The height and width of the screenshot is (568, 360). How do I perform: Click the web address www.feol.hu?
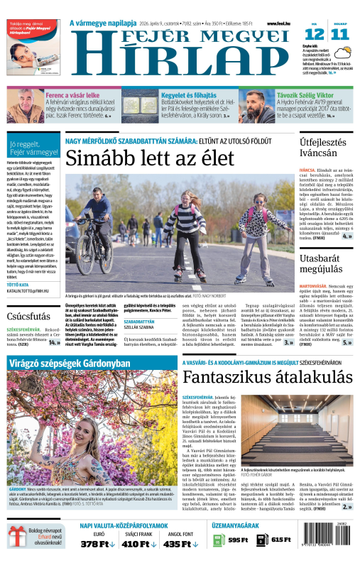pos(280,23)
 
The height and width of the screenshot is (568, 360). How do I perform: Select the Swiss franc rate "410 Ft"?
pos(135,544)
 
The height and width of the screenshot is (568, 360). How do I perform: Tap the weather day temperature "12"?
pos(315,33)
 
